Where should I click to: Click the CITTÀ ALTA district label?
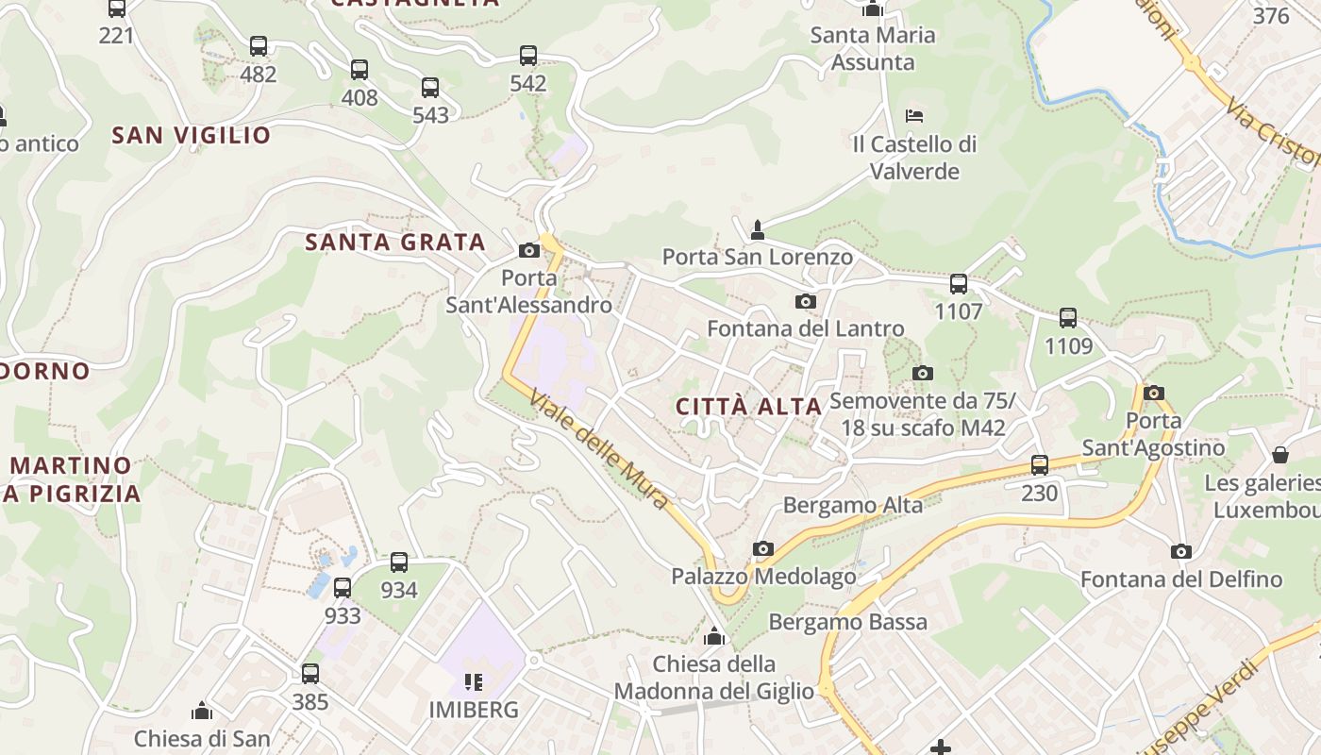pyautogui.click(x=749, y=407)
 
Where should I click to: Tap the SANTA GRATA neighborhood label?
pyautogui.click(x=394, y=242)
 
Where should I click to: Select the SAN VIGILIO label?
pyautogui.click(x=192, y=135)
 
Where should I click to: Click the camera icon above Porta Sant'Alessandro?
pyautogui.click(x=529, y=250)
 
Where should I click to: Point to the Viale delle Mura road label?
pyautogui.click(x=599, y=449)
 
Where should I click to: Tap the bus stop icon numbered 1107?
pyautogui.click(x=959, y=283)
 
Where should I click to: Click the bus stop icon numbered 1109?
pyautogui.click(x=1068, y=318)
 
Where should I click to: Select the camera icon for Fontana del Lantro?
pyautogui.click(x=805, y=301)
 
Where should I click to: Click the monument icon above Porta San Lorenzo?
pyautogui.click(x=757, y=229)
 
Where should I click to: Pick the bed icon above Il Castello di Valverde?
pyautogui.click(x=913, y=116)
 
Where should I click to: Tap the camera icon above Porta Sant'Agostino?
pyautogui.click(x=1153, y=393)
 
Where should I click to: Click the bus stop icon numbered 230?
pyautogui.click(x=1040, y=464)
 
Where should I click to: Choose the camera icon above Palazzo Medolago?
pyautogui.click(x=763, y=548)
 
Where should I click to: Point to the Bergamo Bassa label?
pyautogui.click(x=847, y=622)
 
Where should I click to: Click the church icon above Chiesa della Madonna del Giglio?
pyautogui.click(x=714, y=637)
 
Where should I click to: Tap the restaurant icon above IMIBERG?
pyautogui.click(x=474, y=681)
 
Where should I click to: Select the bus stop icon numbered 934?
pyautogui.click(x=399, y=562)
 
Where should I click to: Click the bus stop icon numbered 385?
pyautogui.click(x=310, y=674)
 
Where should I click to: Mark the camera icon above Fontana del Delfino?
pyautogui.click(x=1180, y=551)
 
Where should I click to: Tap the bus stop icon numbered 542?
pyautogui.click(x=528, y=56)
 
